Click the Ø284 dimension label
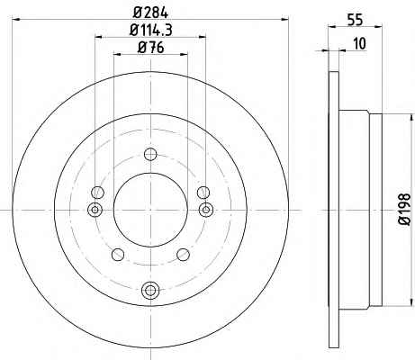tap(150, 13)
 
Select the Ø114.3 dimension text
tap(151, 30)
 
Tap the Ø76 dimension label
tap(151, 48)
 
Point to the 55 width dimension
tap(355, 20)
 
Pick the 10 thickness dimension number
tap(360, 43)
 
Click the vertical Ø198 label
tap(404, 209)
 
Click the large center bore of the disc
tap(150, 210)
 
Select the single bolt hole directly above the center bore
tap(150, 155)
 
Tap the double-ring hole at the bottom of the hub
tap(150, 290)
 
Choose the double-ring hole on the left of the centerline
tap(95, 210)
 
